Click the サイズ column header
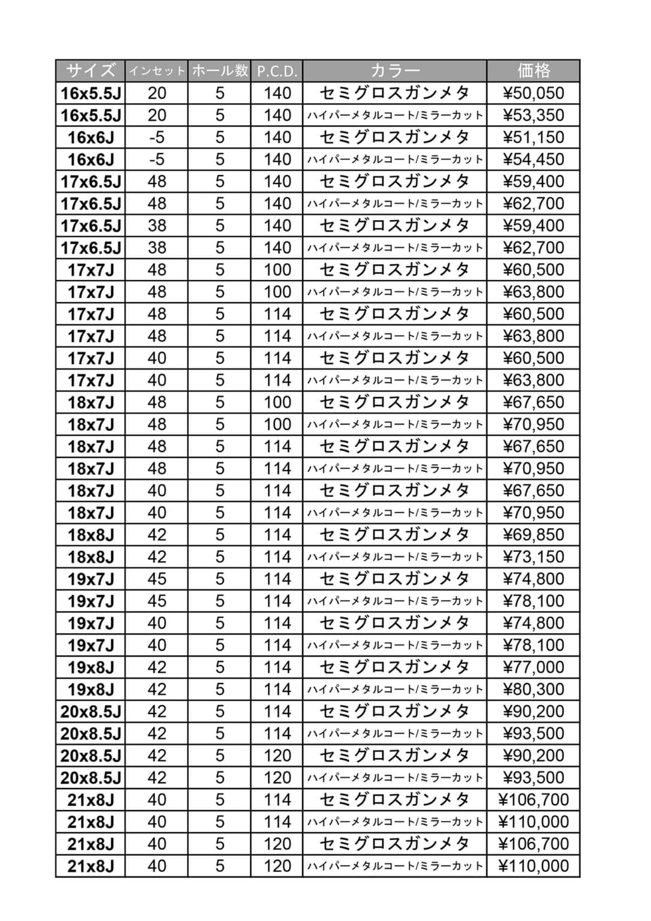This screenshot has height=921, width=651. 91,71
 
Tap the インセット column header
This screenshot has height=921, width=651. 156,71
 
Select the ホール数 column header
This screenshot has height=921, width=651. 219,71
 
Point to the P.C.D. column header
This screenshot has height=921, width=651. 277,71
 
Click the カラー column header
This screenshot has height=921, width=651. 394,71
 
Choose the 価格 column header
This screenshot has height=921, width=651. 534,71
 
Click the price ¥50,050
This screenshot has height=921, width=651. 534,93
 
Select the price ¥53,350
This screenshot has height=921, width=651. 534,115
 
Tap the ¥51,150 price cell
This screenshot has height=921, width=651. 534,137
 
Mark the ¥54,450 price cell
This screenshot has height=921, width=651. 534,159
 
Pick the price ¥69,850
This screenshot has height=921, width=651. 534,535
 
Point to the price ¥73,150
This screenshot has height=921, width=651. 534,557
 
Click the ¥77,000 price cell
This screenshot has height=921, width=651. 534,667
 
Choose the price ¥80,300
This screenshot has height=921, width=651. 534,690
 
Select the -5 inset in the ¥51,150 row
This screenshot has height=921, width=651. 156,137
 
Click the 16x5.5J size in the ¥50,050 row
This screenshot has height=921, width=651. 91,93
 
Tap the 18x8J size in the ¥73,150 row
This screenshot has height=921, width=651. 91,557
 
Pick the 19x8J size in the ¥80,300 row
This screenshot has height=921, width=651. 91,690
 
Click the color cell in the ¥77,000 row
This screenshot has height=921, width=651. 394,667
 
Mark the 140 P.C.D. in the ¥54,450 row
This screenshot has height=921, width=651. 277,159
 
